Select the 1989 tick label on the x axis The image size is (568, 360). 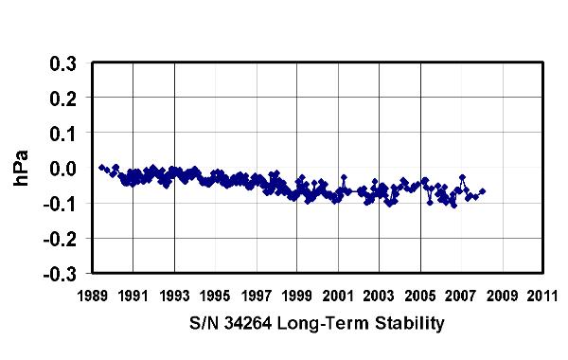92,295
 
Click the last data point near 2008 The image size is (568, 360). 483,191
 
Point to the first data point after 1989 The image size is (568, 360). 101,167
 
